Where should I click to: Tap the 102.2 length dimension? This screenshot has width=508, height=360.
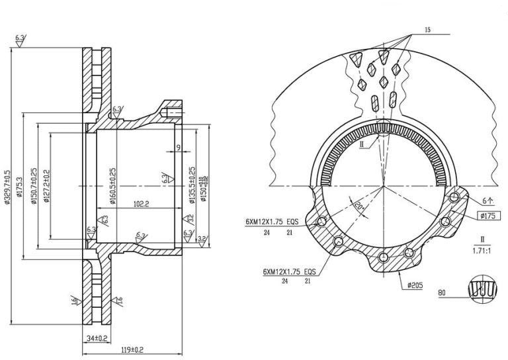point(140,204)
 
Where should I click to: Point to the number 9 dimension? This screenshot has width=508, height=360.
point(178,147)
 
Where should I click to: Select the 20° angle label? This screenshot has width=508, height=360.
point(359,206)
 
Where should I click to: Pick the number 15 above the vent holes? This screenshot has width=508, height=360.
point(427,30)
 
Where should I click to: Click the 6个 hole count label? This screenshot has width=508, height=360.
point(488,199)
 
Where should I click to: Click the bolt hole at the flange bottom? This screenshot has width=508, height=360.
point(384,257)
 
